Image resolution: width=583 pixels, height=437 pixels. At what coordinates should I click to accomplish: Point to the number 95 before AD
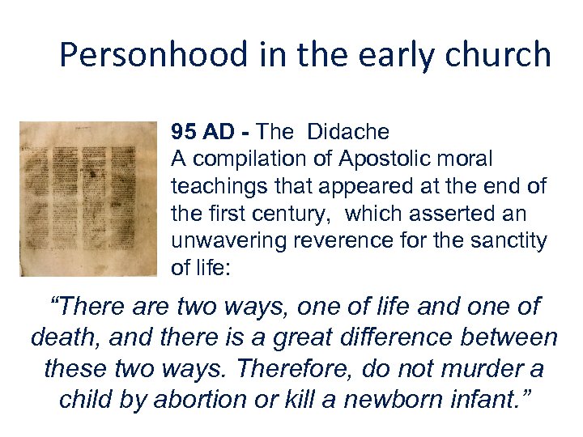[181, 131]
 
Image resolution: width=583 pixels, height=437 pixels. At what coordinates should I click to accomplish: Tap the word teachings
[212, 186]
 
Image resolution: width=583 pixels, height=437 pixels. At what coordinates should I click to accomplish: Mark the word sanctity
[504, 241]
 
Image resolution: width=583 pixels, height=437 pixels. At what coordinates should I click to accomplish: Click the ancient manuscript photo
[88, 198]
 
